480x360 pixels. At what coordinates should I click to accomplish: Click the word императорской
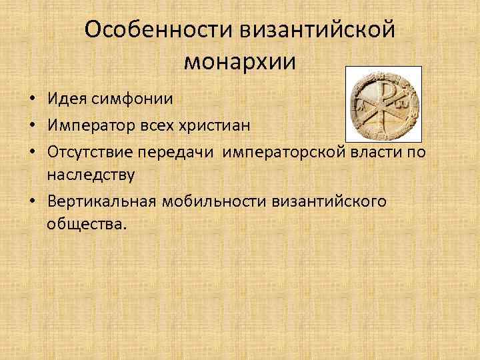[282, 151]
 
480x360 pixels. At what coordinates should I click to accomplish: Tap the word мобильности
[213, 201]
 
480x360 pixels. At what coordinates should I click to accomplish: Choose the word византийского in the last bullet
[329, 201]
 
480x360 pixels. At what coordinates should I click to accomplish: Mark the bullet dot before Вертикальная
[31, 201]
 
